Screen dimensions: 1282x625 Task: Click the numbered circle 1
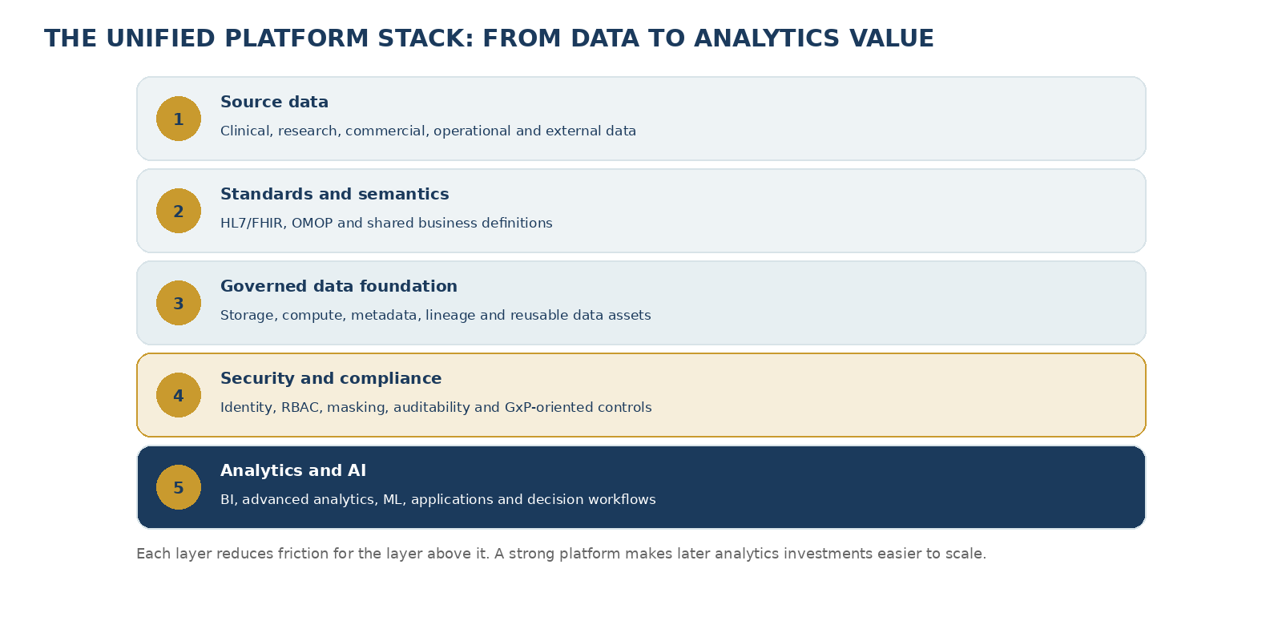point(179,119)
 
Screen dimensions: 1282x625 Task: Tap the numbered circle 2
point(179,211)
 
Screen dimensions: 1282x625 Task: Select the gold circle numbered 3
point(179,303)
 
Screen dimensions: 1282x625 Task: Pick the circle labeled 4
point(179,395)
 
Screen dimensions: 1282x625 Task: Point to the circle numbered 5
point(179,487)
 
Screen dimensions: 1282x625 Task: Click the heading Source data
point(274,102)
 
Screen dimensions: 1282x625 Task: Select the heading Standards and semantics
point(335,194)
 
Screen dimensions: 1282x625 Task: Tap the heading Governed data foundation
point(339,286)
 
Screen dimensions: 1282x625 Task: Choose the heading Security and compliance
point(331,378)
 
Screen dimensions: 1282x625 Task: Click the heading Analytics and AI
point(293,470)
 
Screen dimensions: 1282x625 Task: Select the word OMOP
point(312,224)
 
